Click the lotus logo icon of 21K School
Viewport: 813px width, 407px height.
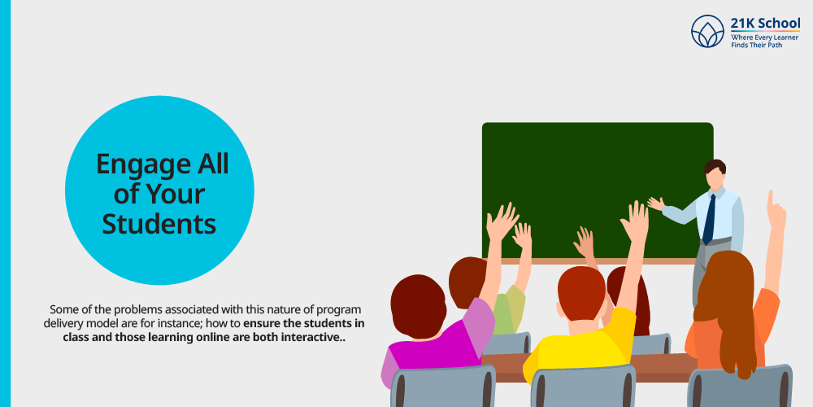click(x=707, y=31)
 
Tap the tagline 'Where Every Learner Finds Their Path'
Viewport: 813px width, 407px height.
click(x=764, y=41)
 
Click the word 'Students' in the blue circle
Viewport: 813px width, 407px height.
click(x=159, y=223)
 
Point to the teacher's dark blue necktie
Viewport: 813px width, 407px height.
click(x=710, y=218)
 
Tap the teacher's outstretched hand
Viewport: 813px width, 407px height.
click(x=655, y=203)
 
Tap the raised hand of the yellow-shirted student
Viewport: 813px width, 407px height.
click(x=635, y=220)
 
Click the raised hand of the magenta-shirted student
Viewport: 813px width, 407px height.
click(x=502, y=221)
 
